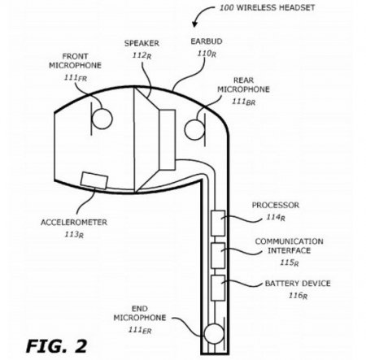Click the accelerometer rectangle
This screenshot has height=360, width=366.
click(x=94, y=180)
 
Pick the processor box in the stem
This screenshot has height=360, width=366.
click(x=218, y=223)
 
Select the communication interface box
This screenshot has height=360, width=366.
click(x=218, y=255)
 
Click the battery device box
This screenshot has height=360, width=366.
click(x=218, y=288)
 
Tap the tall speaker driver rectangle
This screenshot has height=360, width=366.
click(x=167, y=140)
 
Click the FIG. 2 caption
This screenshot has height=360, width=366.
click(x=56, y=346)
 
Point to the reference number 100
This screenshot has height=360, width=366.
click(x=226, y=7)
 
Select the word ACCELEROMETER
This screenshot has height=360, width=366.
click(x=74, y=223)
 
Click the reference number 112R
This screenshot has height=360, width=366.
click(x=142, y=55)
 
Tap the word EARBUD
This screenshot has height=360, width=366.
click(x=207, y=41)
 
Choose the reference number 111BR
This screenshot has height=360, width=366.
click(x=244, y=102)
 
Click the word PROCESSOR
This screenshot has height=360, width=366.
click(x=276, y=205)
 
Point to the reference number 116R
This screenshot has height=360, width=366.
click(x=298, y=295)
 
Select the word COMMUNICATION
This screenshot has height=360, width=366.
click(x=289, y=241)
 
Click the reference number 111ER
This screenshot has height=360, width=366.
click(x=140, y=330)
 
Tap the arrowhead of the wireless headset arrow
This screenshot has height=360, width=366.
click(x=194, y=24)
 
